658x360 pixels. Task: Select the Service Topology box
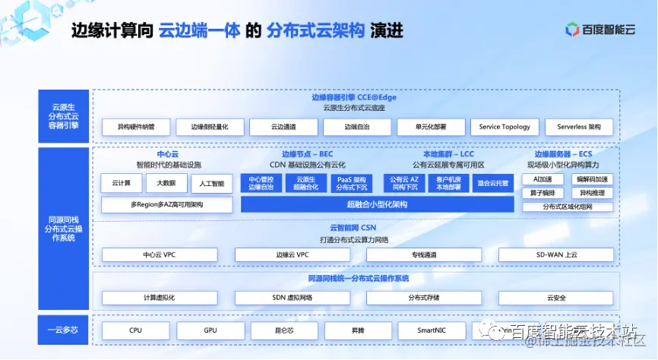(505, 127)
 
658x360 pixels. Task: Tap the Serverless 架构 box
(579, 127)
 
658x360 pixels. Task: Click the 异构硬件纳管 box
(135, 127)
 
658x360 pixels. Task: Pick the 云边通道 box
(283, 127)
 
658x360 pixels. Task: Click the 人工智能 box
(212, 183)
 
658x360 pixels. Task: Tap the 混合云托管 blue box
(492, 183)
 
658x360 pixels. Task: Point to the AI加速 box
(543, 179)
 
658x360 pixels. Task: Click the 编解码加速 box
(592, 179)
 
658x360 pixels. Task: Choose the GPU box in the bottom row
(210, 330)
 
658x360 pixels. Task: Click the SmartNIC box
(431, 330)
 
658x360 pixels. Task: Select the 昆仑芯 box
(283, 330)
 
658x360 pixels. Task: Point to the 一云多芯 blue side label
(63, 330)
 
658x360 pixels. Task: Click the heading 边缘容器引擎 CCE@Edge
(354, 97)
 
